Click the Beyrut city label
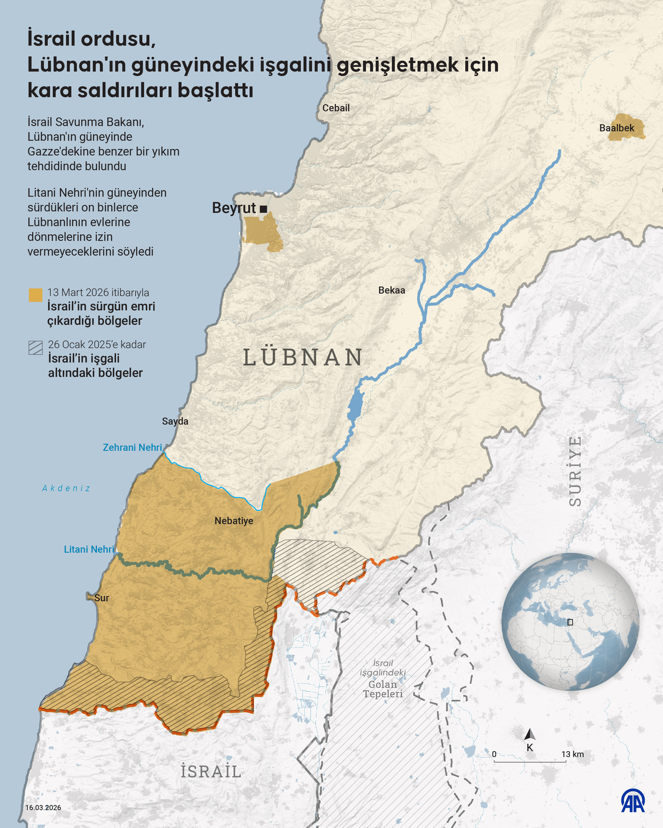(x=234, y=208)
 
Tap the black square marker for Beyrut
(x=263, y=209)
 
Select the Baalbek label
(x=616, y=128)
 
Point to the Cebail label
(x=336, y=108)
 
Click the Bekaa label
(x=392, y=290)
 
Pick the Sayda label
(x=175, y=421)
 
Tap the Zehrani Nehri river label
(x=132, y=448)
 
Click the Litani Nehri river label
(x=89, y=549)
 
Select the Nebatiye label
(x=234, y=521)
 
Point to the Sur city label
(x=102, y=598)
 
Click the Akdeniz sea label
(x=66, y=488)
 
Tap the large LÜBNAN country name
(x=303, y=357)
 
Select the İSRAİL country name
(x=211, y=772)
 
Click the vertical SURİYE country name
(x=575, y=471)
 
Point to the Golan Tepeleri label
(x=383, y=689)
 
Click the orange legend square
(x=36, y=295)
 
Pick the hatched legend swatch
(x=36, y=347)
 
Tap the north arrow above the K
(x=530, y=735)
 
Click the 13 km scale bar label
(x=572, y=754)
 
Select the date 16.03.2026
(x=43, y=807)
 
